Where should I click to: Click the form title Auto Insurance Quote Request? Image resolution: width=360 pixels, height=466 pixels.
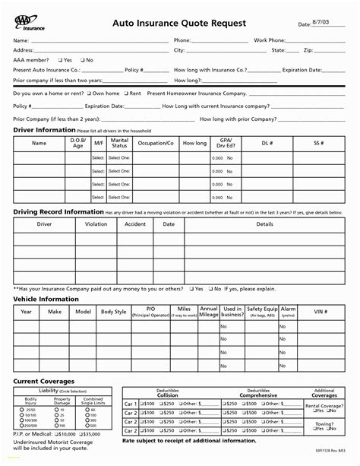click(x=179, y=24)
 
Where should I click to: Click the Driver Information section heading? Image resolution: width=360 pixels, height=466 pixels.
click(x=43, y=130)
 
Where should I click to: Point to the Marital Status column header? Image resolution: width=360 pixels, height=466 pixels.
click(x=119, y=142)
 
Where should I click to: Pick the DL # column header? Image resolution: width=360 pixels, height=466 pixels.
click(x=267, y=142)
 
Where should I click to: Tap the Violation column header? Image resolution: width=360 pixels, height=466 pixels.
click(x=96, y=224)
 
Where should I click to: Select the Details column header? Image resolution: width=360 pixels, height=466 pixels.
click(x=264, y=224)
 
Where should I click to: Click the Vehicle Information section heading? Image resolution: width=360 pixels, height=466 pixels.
click(x=46, y=299)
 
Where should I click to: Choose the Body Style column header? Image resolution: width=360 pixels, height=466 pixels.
click(x=114, y=312)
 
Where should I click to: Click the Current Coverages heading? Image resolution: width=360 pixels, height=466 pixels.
click(x=43, y=381)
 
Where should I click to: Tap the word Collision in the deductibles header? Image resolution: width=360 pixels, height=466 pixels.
click(x=168, y=395)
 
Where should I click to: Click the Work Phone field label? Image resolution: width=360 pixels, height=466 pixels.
click(x=269, y=40)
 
